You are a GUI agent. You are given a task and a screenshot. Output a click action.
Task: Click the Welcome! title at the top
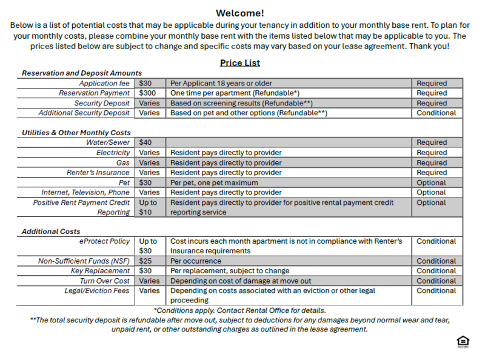(x=240, y=13)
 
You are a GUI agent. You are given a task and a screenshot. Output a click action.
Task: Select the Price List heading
(x=240, y=62)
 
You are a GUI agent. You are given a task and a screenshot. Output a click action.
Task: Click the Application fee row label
(x=105, y=84)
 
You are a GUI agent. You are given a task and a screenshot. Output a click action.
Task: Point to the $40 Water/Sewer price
(x=145, y=142)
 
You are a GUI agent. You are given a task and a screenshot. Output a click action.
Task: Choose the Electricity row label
(x=113, y=153)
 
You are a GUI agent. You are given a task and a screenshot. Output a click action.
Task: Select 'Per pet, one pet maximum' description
(x=214, y=182)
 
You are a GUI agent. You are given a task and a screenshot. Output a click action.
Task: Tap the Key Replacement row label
(x=101, y=271)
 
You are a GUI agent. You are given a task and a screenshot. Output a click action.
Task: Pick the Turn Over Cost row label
(x=105, y=281)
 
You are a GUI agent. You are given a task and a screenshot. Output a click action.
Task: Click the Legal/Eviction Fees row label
(x=98, y=291)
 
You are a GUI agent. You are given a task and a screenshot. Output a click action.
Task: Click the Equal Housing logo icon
(x=463, y=343)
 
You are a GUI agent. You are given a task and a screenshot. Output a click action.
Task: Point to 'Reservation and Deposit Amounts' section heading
(x=82, y=73)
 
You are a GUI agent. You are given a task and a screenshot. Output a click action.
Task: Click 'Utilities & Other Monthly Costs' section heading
(x=76, y=133)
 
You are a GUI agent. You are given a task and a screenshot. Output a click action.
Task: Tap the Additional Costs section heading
(x=51, y=232)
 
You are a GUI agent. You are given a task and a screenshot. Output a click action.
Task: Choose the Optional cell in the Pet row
(x=431, y=182)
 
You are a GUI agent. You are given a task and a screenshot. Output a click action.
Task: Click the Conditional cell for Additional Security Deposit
(x=436, y=113)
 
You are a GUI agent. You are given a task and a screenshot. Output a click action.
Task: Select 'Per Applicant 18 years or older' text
(x=221, y=84)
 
